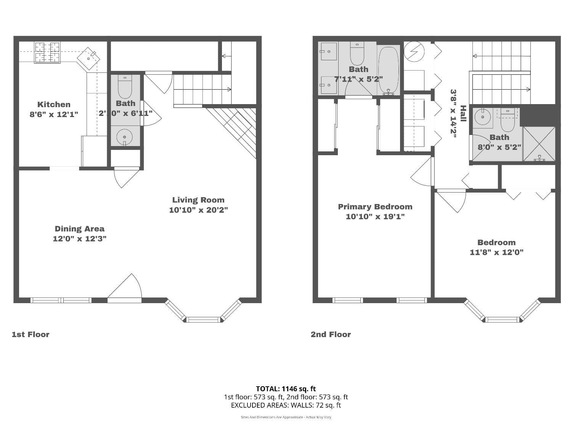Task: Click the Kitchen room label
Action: [x=54, y=104]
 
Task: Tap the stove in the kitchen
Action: [x=47, y=52]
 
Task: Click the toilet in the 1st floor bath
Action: [x=125, y=87]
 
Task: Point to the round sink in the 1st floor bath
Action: [x=124, y=137]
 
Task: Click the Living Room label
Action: [x=198, y=200]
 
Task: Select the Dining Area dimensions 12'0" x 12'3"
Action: [x=79, y=239]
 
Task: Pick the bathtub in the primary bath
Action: [x=389, y=70]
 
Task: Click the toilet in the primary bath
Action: [x=357, y=54]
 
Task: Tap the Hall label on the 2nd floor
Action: [x=463, y=114]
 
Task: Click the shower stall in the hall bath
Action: [x=539, y=144]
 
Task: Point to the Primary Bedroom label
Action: [x=375, y=207]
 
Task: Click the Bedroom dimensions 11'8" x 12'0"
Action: [x=496, y=252]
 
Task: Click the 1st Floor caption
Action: [x=31, y=334]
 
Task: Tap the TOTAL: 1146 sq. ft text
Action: [x=286, y=389]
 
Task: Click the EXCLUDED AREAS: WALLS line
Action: [x=286, y=405]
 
